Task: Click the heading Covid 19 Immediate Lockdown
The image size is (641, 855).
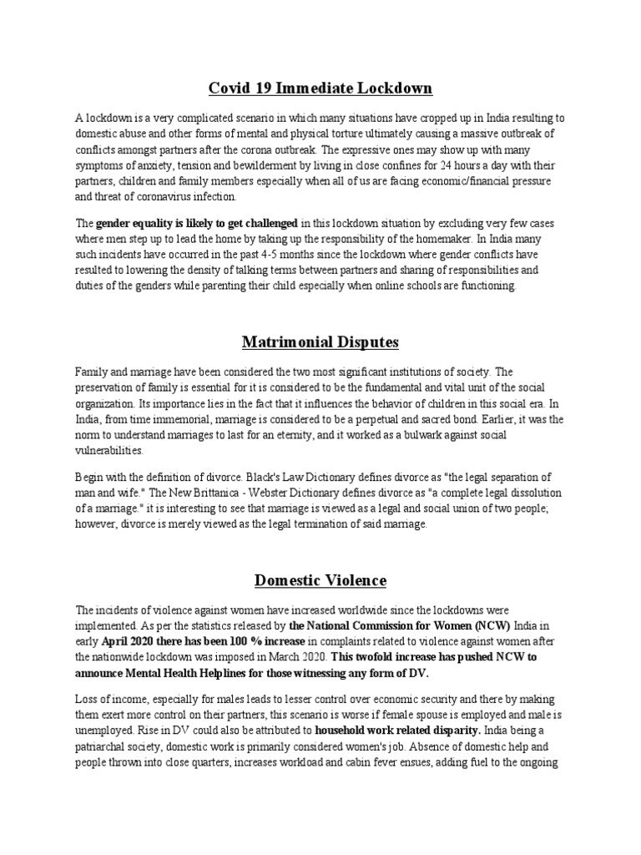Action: [x=320, y=89]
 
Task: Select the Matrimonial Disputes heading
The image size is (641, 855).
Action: [x=320, y=342]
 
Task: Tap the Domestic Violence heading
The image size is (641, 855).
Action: [x=320, y=579]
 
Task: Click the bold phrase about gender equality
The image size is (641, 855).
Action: [x=197, y=223]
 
